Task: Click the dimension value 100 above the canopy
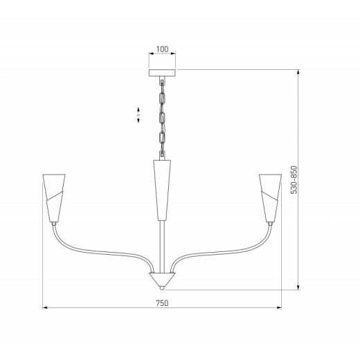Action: (x=162, y=50)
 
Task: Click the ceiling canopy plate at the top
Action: (x=162, y=71)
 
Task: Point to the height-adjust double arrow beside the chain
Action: (x=139, y=115)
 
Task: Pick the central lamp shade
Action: (x=162, y=187)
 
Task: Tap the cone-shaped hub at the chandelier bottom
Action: (x=162, y=279)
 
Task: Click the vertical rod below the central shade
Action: (x=162, y=242)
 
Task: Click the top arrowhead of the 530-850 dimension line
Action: (x=298, y=71)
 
